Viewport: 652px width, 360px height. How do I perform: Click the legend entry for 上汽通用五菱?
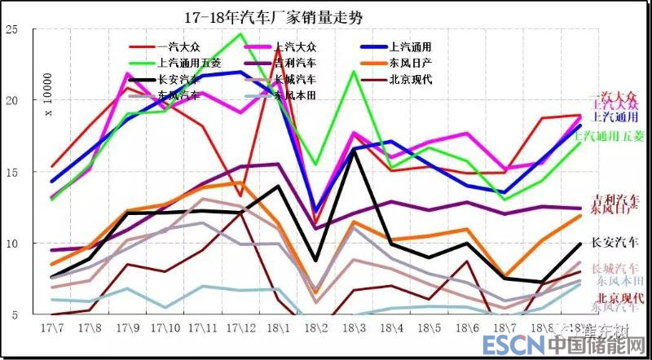[189, 62]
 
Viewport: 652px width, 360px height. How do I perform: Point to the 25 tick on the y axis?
[12, 30]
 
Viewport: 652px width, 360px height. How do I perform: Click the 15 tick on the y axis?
[12, 172]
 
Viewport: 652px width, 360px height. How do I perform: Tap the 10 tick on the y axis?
[12, 244]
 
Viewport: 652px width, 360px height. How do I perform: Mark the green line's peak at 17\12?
[241, 34]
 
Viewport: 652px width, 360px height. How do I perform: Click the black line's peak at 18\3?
[354, 150]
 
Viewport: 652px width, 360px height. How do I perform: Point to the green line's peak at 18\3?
[354, 72]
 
